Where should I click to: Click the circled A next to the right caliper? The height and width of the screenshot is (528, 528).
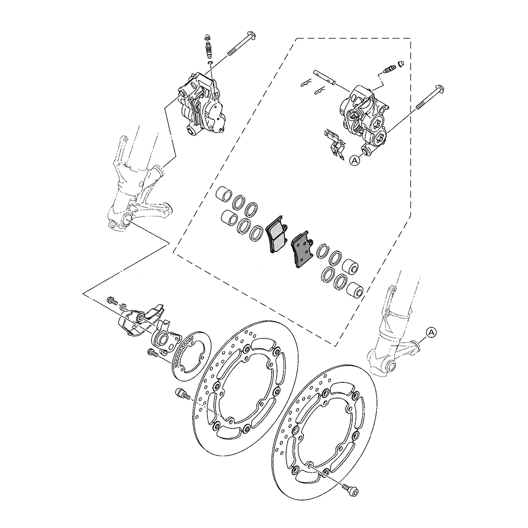point(355,159)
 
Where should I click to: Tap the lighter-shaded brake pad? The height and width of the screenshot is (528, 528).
point(277,236)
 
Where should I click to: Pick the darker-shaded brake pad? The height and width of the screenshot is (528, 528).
point(302,249)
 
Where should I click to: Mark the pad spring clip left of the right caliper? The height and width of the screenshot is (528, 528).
point(334,141)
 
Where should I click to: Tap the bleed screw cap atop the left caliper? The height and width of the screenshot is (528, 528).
point(208,38)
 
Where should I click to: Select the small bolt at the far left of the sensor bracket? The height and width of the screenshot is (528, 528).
point(112,300)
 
